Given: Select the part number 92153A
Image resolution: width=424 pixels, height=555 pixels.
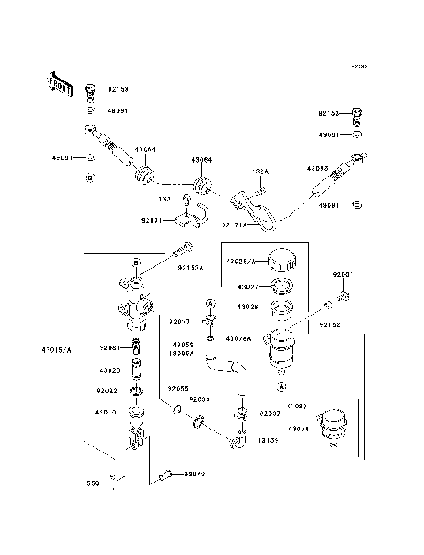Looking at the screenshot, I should [x=190, y=266].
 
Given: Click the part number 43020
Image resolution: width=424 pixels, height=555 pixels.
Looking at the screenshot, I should [x=110, y=370].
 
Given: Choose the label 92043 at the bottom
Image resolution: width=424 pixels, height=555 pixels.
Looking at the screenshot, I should [x=194, y=475].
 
